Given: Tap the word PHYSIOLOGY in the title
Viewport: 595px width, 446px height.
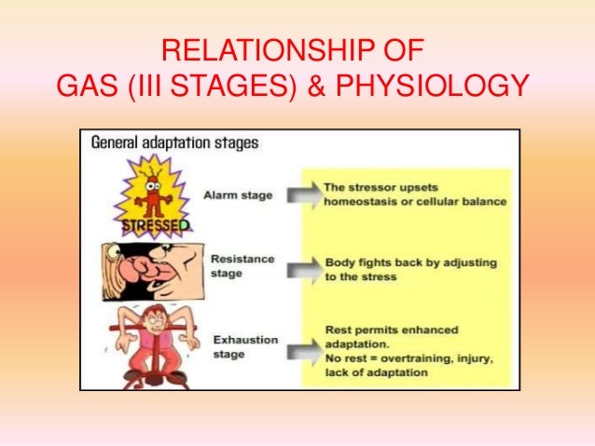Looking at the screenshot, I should point(434,86).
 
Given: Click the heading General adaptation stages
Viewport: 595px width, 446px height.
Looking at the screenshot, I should point(173,144).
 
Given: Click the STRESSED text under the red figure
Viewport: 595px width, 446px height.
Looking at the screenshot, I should point(158,225).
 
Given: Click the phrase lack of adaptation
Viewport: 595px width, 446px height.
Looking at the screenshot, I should point(375,372).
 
